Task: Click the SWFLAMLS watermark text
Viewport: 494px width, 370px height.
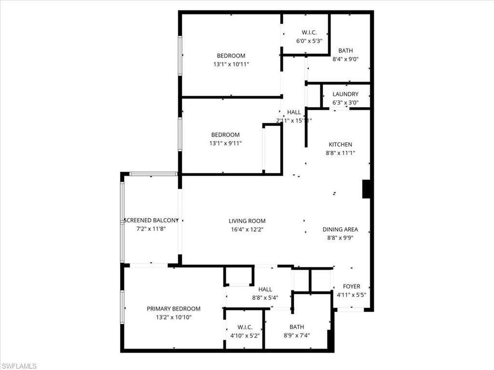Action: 19,366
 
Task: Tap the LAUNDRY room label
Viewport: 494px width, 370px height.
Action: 345,94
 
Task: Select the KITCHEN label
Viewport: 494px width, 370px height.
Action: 340,145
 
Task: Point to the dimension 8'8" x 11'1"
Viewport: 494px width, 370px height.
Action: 340,153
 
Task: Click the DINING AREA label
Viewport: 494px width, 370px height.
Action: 340,230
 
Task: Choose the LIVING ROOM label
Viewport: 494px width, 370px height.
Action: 247,221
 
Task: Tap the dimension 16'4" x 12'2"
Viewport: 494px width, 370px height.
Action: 247,230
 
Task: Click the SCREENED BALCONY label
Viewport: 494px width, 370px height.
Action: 151,220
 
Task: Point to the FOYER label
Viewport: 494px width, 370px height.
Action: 351,287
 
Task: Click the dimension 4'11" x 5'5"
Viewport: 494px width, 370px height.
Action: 351,295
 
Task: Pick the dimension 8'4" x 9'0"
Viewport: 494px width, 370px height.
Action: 345,59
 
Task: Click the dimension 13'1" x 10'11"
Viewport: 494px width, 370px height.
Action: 231,65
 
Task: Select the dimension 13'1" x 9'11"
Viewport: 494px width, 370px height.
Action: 225,144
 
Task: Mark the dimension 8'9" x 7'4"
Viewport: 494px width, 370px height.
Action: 297,335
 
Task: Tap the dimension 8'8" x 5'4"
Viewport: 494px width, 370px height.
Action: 265,298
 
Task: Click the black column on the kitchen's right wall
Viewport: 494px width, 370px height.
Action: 366,189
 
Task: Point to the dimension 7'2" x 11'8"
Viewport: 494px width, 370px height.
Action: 151,229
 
